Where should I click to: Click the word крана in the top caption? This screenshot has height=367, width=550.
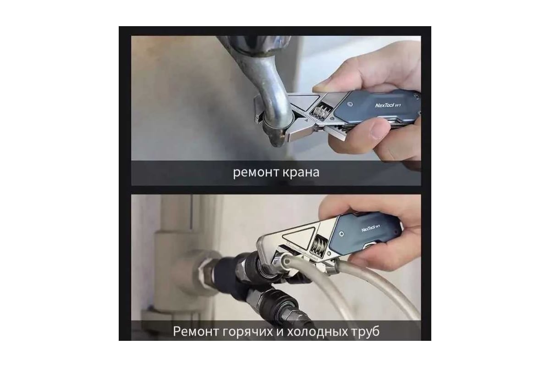pos(301,172)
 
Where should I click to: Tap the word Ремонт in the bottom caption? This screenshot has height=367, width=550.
pos(196,331)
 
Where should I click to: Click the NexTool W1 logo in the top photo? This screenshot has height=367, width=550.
pos(388,105)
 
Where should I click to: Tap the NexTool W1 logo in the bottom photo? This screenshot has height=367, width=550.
pos(371,228)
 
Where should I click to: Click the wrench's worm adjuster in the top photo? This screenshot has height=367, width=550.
pos(320,112)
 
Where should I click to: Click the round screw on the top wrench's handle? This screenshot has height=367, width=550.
pos(350,104)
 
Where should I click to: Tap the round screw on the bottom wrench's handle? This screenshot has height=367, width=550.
pos(341,234)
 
